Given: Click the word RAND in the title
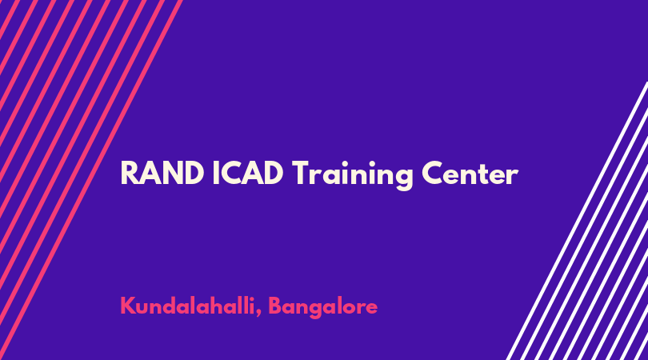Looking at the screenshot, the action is point(162,174).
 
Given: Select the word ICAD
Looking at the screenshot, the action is point(248,174).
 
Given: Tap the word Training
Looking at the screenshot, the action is point(353,175).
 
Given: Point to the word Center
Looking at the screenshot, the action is point(470,174).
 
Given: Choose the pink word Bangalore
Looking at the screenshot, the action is point(323,307).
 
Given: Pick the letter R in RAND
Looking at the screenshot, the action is point(129,174).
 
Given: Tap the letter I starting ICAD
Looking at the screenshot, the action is point(215,174).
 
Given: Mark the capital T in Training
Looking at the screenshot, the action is point(301,174).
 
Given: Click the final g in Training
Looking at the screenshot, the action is point(404,178).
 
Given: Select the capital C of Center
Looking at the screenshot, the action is point(433,174).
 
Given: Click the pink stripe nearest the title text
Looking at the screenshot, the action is point(91,180).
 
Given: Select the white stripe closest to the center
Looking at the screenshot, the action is point(577,221).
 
